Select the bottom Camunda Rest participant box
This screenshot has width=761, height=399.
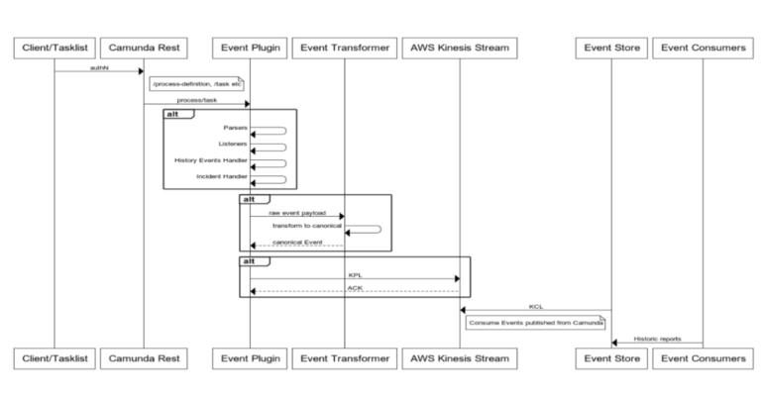[144, 356]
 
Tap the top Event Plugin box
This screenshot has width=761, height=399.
[249, 47]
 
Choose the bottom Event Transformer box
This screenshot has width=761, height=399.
[344, 356]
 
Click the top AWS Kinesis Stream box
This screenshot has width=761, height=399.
[460, 47]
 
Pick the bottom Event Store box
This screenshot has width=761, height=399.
[610, 356]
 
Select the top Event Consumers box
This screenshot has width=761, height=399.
[703, 47]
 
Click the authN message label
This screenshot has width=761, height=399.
[98, 66]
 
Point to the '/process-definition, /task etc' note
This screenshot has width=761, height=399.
[196, 84]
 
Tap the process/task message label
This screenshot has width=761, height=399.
[196, 101]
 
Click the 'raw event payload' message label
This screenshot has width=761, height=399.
[296, 212]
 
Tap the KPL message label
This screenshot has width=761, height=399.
[354, 274]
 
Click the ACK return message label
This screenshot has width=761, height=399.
[354, 288]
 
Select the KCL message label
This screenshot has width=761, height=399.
[535, 307]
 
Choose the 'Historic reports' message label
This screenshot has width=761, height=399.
[657, 339]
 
